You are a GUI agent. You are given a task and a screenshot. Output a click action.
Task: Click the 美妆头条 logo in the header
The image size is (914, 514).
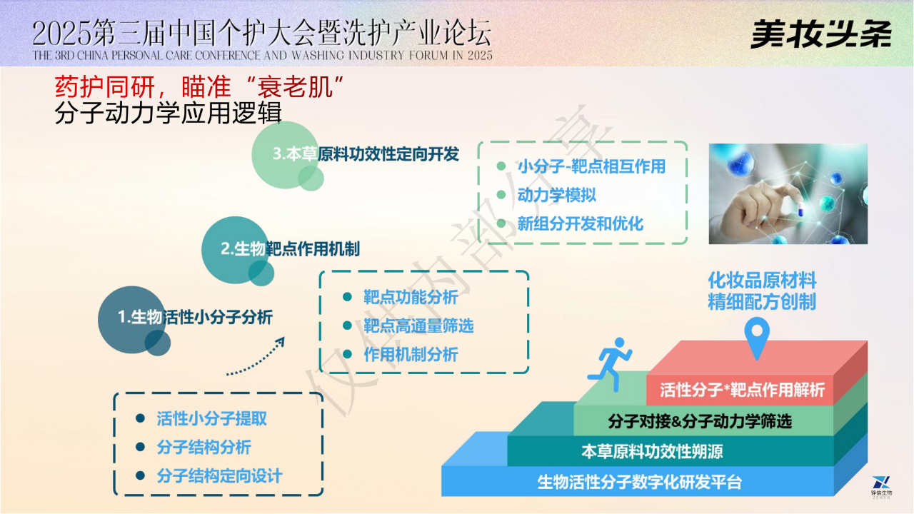coord(821,34)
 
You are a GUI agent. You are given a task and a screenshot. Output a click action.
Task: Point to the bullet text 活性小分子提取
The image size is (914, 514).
coord(212,418)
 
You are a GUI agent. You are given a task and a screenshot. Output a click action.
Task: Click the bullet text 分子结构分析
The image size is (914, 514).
coord(204,448)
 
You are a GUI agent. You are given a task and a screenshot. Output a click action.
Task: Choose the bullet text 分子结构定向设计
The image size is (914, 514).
coord(219,476)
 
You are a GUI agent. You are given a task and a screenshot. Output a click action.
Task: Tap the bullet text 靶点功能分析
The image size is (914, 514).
coord(411,298)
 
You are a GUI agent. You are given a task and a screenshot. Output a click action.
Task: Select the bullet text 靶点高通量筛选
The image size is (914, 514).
coord(418,326)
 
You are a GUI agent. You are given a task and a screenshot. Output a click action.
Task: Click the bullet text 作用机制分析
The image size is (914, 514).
coord(411,355)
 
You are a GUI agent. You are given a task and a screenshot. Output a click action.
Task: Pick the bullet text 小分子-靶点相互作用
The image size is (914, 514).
coord(592,166)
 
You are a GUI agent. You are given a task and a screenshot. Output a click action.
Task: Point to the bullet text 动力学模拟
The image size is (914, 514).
coord(556,195)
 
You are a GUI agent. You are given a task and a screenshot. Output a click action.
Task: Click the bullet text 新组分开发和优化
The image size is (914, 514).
coord(581,223)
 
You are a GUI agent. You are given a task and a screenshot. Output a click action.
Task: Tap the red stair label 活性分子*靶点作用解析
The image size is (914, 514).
coord(742,390)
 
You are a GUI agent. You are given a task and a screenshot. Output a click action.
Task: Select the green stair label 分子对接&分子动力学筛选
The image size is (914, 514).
coord(700,421)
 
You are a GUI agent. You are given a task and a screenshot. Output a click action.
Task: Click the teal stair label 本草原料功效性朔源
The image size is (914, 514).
coord(652,452)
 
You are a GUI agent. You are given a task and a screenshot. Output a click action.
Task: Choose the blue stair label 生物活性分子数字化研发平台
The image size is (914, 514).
coord(639,482)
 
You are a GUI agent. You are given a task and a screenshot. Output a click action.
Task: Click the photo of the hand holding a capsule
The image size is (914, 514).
coord(788,193)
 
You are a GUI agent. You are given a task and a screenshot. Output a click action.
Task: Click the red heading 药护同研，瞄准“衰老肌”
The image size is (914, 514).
coord(199,87)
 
